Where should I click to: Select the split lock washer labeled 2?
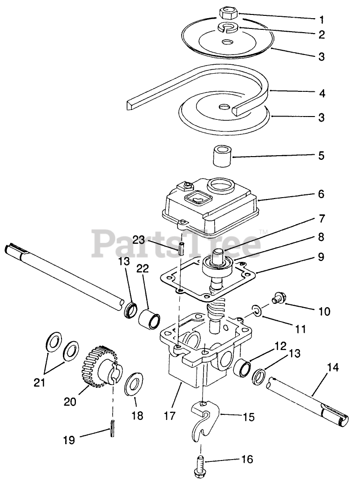(228, 27)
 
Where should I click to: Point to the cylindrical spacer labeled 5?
(223, 156)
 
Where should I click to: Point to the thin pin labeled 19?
(113, 427)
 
